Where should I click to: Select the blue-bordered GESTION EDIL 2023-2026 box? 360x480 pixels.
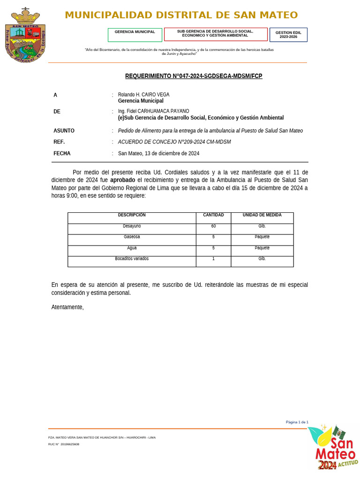(x=288, y=35)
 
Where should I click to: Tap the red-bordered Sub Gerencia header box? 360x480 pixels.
(x=216, y=34)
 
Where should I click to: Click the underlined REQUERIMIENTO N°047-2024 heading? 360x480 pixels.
(x=194, y=76)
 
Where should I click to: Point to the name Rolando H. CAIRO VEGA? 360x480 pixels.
(x=143, y=95)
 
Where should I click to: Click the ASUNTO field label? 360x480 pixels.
(x=64, y=131)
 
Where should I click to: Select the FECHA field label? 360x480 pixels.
(x=62, y=153)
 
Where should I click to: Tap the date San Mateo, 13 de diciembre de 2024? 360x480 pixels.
(x=158, y=153)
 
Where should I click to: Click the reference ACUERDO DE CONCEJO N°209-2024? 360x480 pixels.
(x=174, y=142)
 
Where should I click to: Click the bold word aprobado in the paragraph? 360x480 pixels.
(x=122, y=180)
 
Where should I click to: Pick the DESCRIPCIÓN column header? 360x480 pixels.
(x=132, y=215)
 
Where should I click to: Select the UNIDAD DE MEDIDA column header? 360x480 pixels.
(x=262, y=215)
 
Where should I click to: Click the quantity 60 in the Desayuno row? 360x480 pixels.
(x=213, y=226)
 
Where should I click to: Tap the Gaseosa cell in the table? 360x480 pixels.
(x=132, y=237)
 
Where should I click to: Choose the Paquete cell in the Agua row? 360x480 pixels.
(x=262, y=247)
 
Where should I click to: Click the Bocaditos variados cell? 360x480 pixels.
(x=132, y=259)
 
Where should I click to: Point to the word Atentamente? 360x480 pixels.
(x=67, y=307)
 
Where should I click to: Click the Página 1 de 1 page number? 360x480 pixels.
(x=297, y=422)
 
